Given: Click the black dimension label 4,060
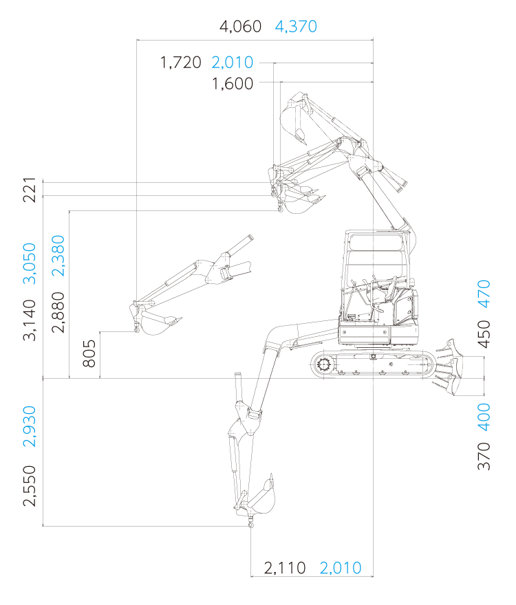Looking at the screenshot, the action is [x=240, y=27].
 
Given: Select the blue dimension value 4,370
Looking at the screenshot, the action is [x=296, y=27].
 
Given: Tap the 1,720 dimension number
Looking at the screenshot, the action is [x=181, y=63].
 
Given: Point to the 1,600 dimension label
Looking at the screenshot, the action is [x=233, y=84].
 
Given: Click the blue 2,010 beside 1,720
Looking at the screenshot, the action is [x=233, y=63].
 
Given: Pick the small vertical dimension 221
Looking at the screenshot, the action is [x=30, y=190].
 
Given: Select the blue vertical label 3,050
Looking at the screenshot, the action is [x=30, y=263].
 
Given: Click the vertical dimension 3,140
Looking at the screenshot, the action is [x=30, y=320].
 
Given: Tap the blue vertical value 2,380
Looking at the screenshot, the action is [x=58, y=256].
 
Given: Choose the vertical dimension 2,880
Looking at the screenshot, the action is [x=58, y=312].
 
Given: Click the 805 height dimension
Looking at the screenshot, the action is [x=89, y=353].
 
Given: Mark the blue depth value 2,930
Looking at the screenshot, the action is [x=30, y=426].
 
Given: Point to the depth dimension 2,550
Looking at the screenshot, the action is [x=30, y=486].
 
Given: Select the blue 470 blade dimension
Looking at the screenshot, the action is [x=484, y=294].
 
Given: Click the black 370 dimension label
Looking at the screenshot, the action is [x=484, y=456].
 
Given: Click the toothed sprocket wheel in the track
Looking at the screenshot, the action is [x=323, y=364].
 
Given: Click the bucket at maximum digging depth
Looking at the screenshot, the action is [x=262, y=498].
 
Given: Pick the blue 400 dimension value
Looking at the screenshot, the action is [x=484, y=417].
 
